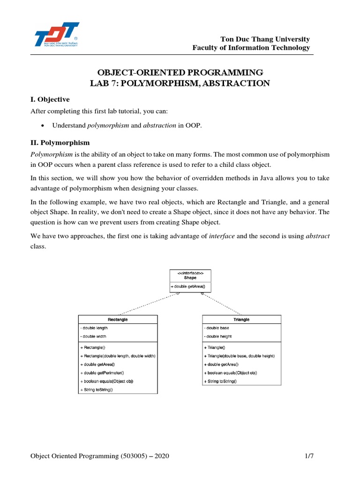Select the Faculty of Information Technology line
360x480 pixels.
point(251,48)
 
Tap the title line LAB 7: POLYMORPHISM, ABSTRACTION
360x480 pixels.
point(180,83)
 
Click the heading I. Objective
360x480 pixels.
point(50,99)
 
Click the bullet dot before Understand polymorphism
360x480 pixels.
point(43,126)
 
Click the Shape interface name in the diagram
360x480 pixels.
point(190,277)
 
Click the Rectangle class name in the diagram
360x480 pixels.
point(118,319)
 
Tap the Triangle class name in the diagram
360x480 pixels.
point(241,319)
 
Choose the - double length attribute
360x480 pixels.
point(94,328)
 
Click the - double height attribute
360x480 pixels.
point(218,337)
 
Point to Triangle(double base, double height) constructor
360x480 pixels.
point(239,356)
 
